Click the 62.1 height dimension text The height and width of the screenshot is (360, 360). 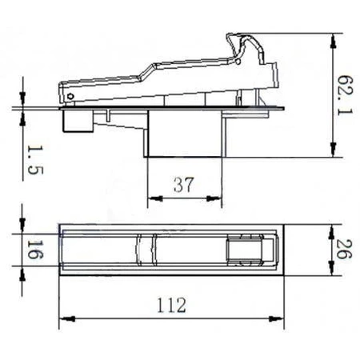pos(344,95)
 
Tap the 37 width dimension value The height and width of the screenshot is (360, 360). pos(183,185)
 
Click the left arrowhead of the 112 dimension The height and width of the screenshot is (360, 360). pos(65,318)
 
